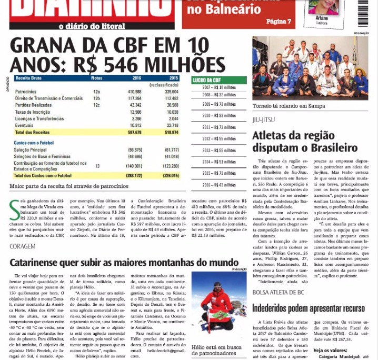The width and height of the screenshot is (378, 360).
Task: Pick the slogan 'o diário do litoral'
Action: (92, 26)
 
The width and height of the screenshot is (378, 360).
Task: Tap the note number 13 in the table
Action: (97, 166)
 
